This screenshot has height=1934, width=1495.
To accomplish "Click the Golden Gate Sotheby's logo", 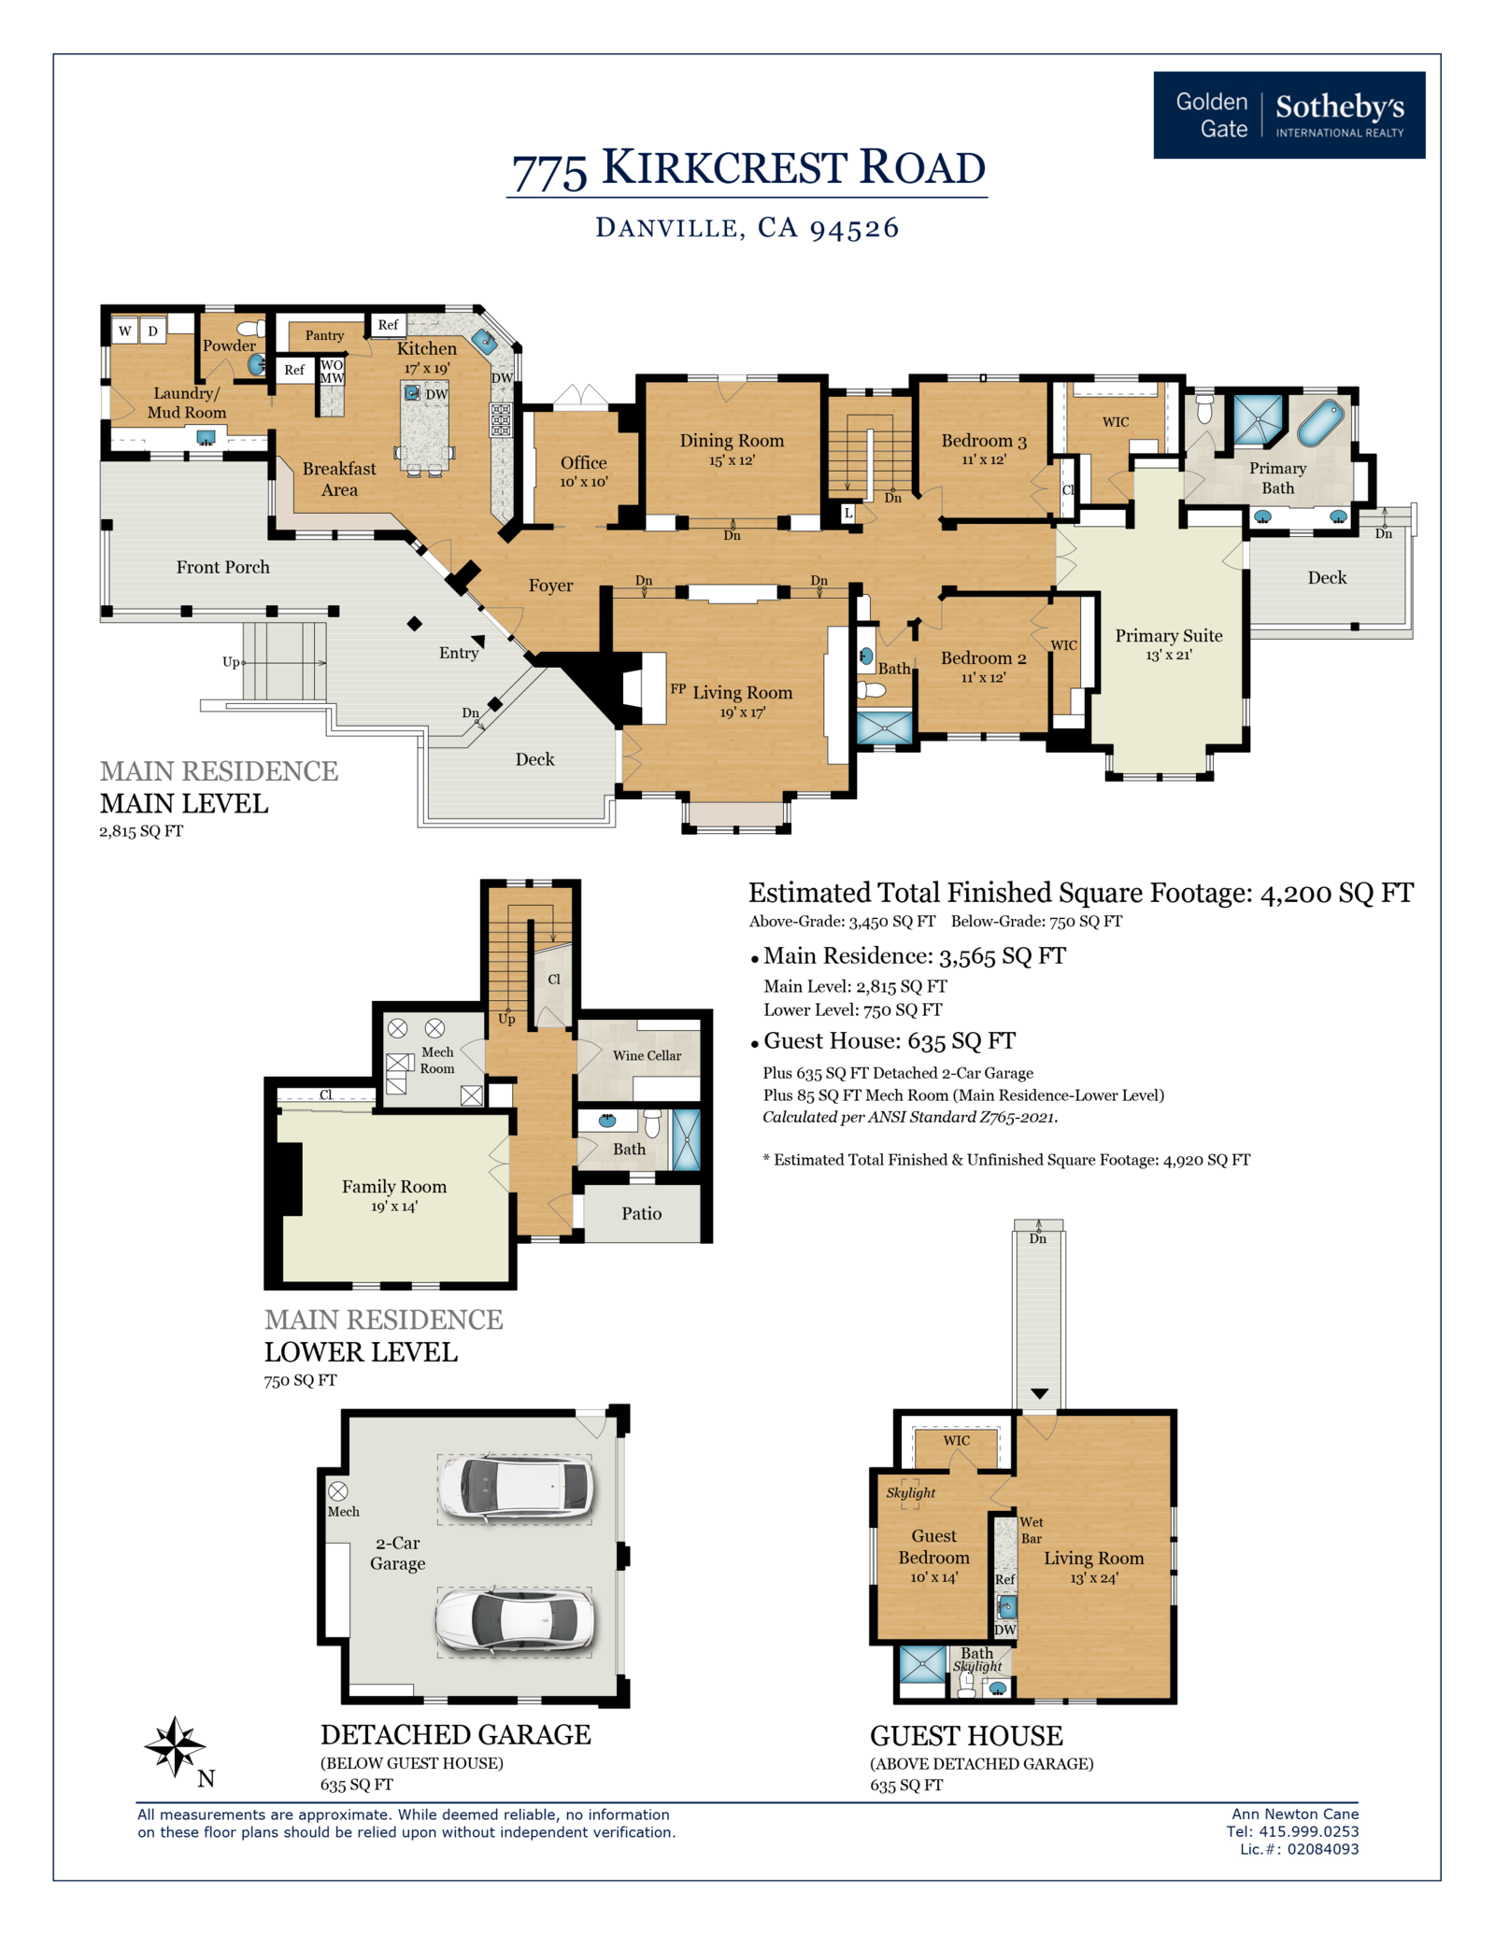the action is click(1289, 115).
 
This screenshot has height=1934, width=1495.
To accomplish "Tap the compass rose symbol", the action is click(175, 1745).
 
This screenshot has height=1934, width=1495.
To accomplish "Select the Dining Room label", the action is click(732, 441).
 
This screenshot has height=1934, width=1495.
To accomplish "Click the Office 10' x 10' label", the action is click(584, 472).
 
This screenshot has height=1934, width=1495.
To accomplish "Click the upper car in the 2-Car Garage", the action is click(515, 1489).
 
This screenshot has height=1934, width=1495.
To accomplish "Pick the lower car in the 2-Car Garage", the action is click(515, 1622).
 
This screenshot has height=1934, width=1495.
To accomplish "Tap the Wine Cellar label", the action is click(647, 1055).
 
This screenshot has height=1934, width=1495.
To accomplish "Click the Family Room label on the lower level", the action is click(394, 1186).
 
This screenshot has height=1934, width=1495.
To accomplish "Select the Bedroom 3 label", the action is click(984, 441).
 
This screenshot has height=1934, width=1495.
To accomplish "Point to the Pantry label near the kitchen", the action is click(324, 335).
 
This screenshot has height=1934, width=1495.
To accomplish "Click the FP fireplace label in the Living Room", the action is click(678, 688).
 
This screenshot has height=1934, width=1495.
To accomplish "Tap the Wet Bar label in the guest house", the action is click(1032, 1530).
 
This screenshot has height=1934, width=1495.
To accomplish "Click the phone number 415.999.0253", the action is click(1309, 1831).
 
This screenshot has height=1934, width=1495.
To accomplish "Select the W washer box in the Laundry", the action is click(124, 331).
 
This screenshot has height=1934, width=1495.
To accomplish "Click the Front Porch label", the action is click(222, 567).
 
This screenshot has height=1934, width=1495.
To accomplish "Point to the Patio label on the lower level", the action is click(642, 1213).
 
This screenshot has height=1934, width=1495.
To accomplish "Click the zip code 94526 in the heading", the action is click(854, 229).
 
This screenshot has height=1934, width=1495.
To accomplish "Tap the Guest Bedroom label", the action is click(933, 1546).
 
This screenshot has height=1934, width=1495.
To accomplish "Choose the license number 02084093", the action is click(1323, 1849).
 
